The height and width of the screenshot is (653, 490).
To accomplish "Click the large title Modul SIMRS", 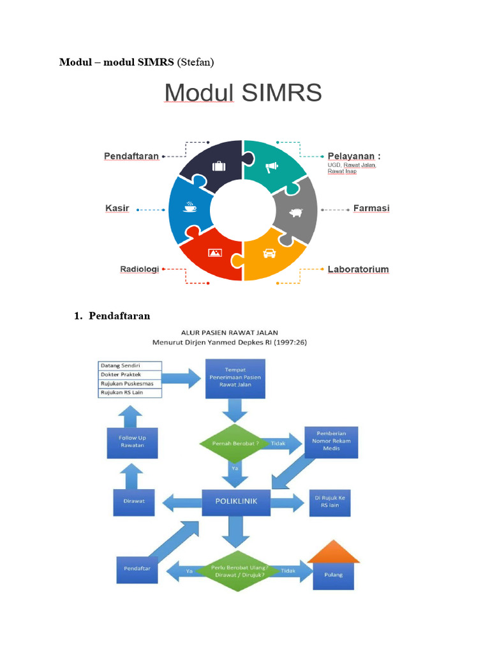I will tap(243, 94).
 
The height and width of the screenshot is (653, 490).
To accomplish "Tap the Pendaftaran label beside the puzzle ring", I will tap(131, 156).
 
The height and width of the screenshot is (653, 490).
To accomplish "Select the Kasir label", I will tap(117, 209).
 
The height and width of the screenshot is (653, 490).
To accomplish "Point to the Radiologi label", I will tap(139, 269).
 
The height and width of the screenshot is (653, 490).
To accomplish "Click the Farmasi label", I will tap(371, 209).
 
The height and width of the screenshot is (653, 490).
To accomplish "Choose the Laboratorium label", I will tap(358, 269).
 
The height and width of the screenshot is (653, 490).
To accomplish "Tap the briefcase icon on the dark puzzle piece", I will tap(219, 166).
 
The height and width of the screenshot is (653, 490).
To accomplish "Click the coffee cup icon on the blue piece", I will tap(190, 207).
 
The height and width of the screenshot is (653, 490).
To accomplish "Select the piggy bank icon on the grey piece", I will tap(295, 212).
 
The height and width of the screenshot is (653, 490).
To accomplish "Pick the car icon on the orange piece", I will tap(269, 253).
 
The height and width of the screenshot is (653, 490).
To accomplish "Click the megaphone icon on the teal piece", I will tap(272, 168).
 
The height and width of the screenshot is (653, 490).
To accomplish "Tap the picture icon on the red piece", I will tap(214, 253).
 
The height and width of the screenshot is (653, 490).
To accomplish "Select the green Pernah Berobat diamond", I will tap(230, 443).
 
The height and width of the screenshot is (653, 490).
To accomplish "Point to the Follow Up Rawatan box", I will tap(131, 442).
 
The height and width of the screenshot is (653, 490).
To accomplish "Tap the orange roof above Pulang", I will tap(333, 552).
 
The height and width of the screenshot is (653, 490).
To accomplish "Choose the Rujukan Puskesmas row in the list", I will tap(130, 383).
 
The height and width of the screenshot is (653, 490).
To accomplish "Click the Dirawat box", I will tap(133, 501).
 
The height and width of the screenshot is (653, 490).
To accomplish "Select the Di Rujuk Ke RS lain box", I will tap(329, 501).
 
